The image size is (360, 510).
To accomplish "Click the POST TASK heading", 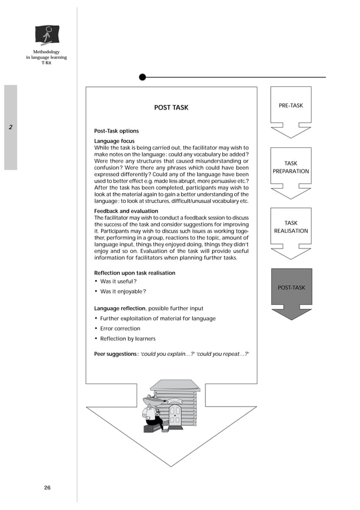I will [x=171, y=107].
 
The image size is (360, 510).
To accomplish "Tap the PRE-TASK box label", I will [x=291, y=106].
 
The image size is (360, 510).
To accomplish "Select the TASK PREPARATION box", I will [x=291, y=167].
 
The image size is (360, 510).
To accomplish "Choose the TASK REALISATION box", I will [x=291, y=227].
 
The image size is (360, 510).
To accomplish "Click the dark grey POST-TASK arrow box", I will [x=291, y=288].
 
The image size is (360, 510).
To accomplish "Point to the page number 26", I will [x=47, y=488].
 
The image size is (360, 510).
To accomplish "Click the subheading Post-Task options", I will [x=116, y=131].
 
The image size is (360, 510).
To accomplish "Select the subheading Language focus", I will [x=114, y=141].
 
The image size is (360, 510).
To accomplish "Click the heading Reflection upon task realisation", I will [x=134, y=273].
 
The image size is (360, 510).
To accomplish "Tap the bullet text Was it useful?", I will [x=118, y=281].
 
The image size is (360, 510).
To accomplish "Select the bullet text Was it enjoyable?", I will [x=123, y=291].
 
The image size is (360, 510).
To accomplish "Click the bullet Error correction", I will [x=120, y=329].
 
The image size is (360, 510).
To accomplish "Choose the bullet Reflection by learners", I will [x=128, y=339].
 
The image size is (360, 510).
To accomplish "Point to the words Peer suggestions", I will [x=116, y=354].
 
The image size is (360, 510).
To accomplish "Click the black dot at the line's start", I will [x=142, y=77].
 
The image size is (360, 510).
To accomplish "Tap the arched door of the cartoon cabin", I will [x=175, y=415].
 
